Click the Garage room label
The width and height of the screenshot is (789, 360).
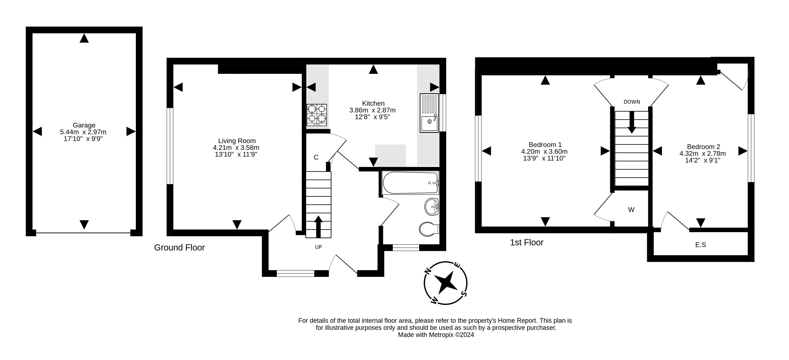tap(84, 125)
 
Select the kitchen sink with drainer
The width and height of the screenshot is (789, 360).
tap(429, 113)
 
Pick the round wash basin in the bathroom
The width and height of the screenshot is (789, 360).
tap(432, 207)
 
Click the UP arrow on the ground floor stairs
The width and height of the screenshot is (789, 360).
tap(318, 226)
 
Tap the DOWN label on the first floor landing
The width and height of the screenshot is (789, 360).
tap(632, 102)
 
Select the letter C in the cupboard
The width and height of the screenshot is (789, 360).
tap(316, 157)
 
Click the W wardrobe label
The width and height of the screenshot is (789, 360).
tap(631, 210)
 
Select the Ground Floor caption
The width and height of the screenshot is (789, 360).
tap(179, 247)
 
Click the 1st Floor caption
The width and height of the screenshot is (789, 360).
tap(527, 242)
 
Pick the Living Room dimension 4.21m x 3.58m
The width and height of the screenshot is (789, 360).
tap(236, 148)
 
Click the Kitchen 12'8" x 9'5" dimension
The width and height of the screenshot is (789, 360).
tap(372, 117)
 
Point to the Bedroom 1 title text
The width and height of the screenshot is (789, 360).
tap(545, 144)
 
